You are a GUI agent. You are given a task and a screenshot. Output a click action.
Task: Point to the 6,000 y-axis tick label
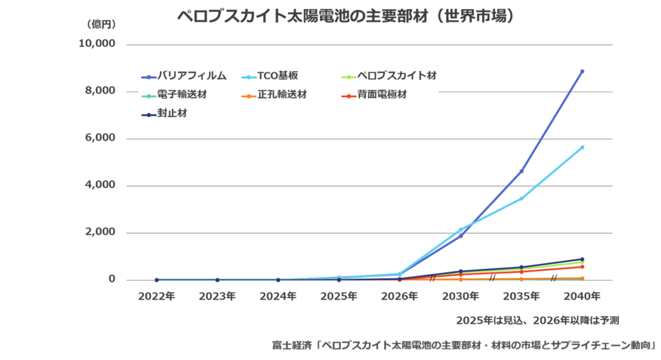(x=100, y=138)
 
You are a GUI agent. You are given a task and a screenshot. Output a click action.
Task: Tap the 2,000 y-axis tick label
(x=100, y=232)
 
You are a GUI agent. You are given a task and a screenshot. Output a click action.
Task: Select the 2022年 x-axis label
(x=156, y=297)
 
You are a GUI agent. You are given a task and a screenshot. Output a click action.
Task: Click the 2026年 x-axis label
(x=400, y=297)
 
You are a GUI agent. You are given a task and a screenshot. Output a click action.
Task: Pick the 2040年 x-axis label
(x=582, y=297)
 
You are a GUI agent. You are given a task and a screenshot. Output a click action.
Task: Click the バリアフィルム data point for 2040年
(x=582, y=72)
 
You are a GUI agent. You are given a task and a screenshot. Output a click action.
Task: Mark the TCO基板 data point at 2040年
(x=582, y=147)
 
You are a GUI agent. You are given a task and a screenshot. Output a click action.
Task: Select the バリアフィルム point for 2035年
(x=521, y=171)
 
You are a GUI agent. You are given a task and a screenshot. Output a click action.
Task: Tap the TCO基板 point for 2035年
(x=521, y=199)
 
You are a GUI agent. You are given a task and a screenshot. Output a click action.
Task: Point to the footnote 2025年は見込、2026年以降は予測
(x=538, y=320)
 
